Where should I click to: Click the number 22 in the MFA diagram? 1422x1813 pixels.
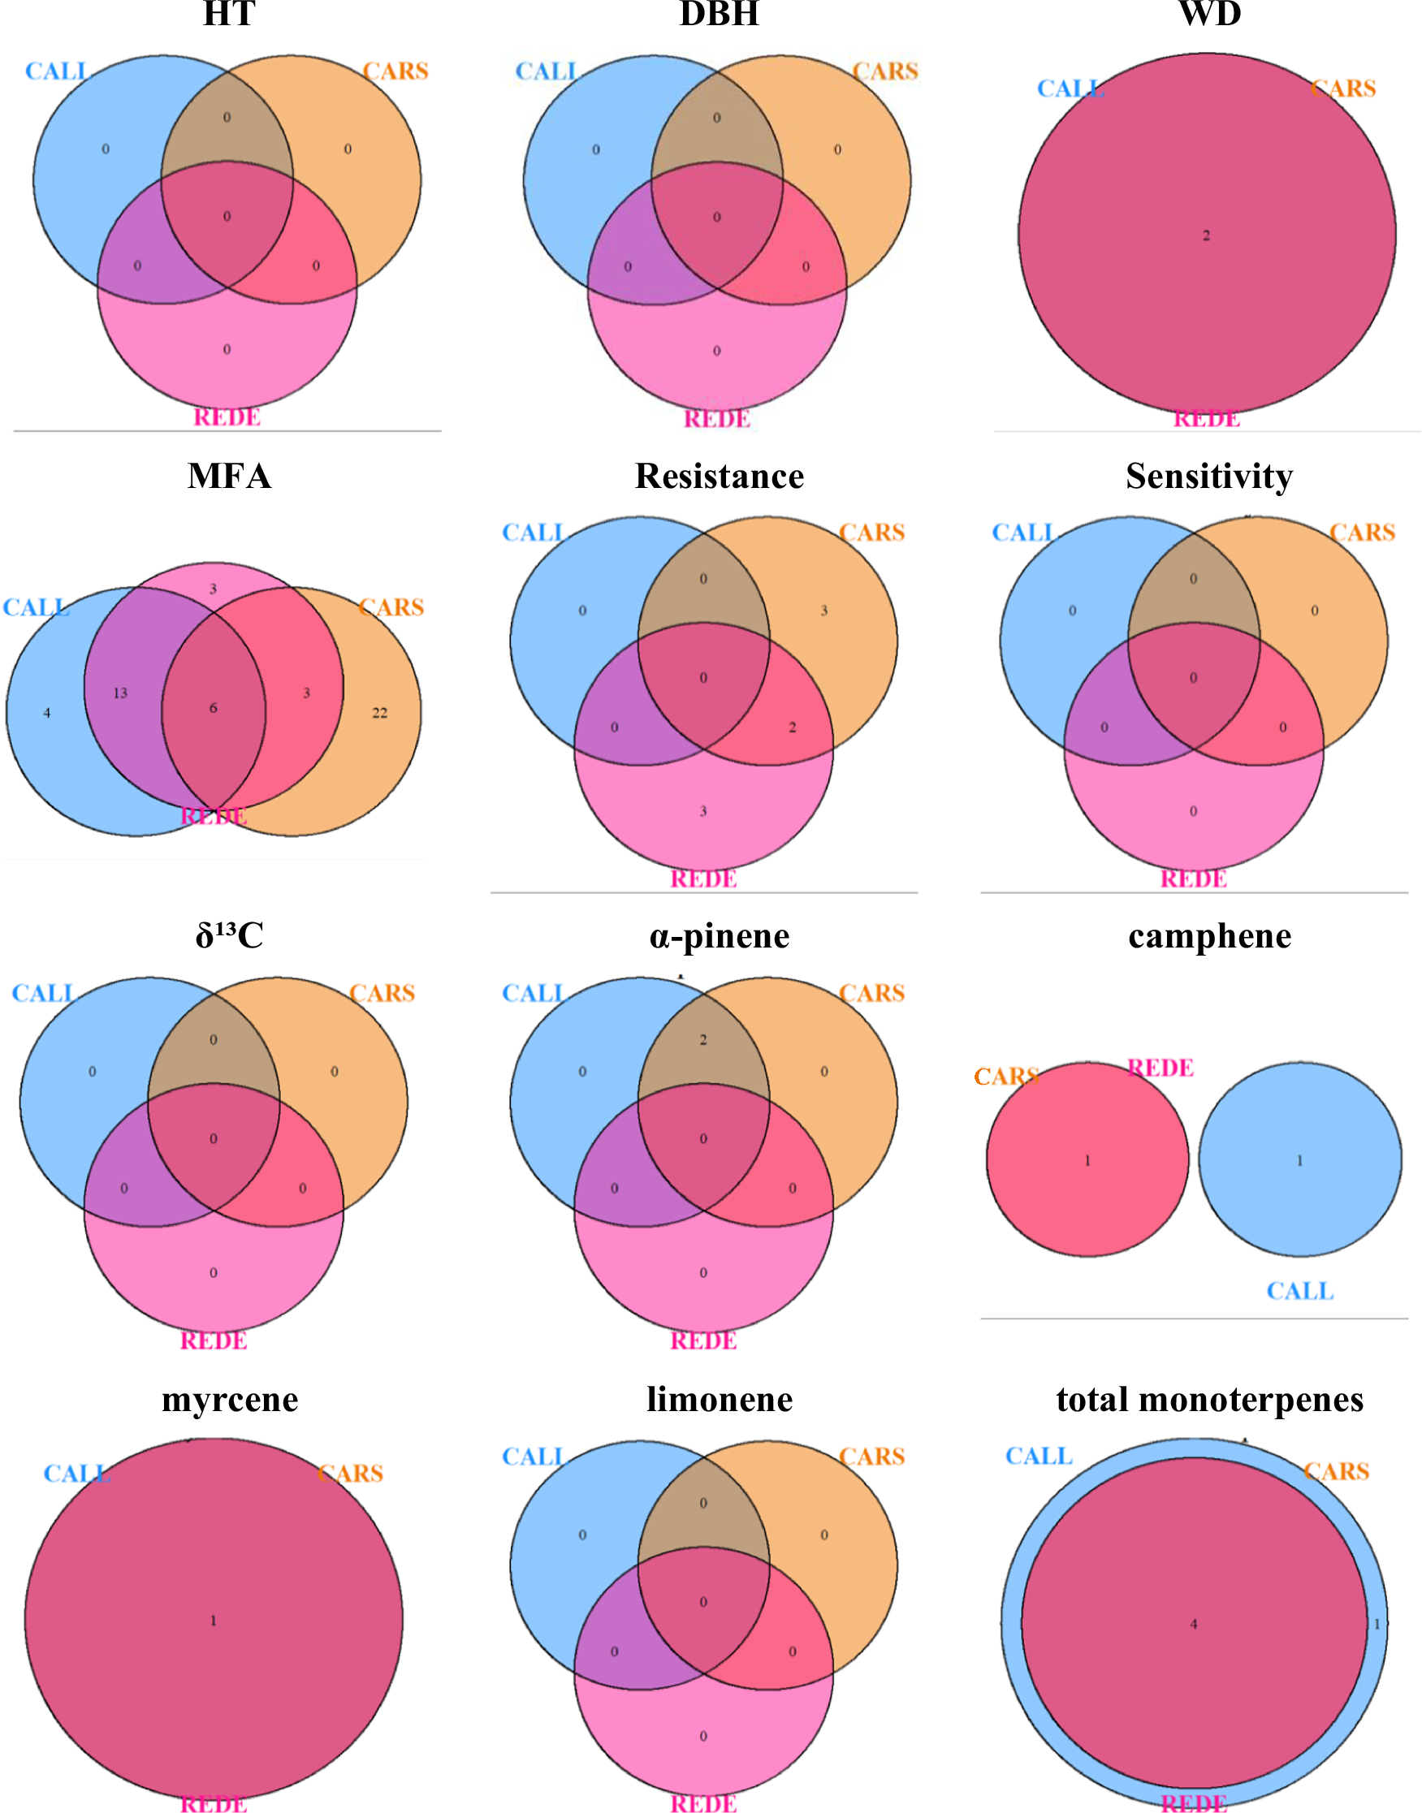click(379, 713)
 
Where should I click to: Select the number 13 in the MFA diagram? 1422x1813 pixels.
click(120, 693)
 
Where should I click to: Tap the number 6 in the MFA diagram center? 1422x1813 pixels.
click(213, 707)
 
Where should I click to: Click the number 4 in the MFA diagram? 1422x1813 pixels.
click(46, 713)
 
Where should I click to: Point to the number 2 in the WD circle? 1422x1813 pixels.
click(1206, 235)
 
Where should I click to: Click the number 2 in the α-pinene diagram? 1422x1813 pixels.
click(703, 1040)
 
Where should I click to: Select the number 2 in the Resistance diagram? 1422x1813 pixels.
click(793, 727)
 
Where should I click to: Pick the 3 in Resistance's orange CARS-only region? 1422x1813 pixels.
click(824, 611)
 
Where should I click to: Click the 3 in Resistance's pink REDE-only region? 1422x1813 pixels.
click(703, 811)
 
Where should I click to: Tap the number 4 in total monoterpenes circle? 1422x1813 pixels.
click(1193, 1623)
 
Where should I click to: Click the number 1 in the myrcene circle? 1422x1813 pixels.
click(213, 1620)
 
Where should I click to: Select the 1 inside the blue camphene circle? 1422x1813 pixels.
click(1299, 1160)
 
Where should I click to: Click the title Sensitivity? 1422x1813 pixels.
click(1209, 476)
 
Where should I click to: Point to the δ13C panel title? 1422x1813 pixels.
click(229, 935)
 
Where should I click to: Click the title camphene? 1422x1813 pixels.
click(1210, 936)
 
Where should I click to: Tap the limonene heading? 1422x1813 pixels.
click(720, 1399)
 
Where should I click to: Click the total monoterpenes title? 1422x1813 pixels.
click(1210, 1399)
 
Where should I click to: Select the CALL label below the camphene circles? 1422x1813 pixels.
click(1299, 1291)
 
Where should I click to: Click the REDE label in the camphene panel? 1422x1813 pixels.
click(1161, 1068)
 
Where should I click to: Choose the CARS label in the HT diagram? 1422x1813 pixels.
click(395, 71)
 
